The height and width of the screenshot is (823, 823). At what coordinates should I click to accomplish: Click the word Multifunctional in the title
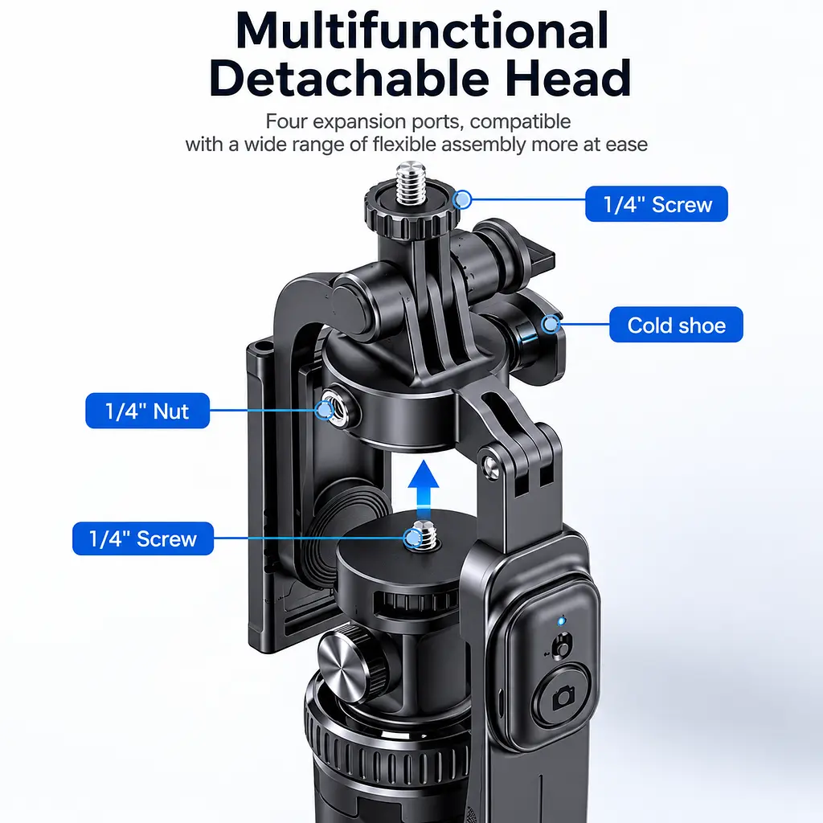(422, 31)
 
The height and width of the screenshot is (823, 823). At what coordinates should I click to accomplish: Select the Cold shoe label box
(676, 325)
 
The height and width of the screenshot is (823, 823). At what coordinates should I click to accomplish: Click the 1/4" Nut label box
(148, 411)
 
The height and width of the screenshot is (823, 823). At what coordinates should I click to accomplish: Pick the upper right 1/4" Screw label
(657, 204)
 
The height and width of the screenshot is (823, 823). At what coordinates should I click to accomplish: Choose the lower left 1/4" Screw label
(143, 538)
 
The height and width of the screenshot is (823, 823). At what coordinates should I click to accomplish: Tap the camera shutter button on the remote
(562, 697)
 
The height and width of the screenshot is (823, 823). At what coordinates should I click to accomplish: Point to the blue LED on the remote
(561, 621)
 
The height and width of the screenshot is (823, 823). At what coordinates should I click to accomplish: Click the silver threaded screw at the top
(411, 184)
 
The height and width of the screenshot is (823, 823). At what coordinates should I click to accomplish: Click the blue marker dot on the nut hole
(325, 409)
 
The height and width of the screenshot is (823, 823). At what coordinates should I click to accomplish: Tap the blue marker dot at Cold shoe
(551, 325)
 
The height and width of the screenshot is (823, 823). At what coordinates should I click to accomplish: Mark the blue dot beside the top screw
(462, 199)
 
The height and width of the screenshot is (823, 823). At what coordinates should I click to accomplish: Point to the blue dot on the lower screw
(413, 538)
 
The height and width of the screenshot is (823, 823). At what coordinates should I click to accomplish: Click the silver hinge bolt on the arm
(491, 465)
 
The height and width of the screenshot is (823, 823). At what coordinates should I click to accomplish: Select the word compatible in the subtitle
(520, 122)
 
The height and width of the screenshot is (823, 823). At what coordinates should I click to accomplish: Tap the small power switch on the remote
(562, 646)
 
